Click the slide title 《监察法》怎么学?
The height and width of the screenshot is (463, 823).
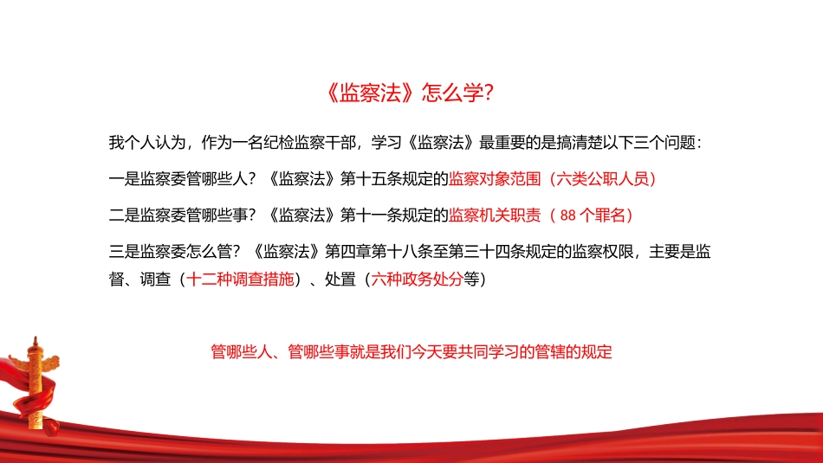[x=411, y=93]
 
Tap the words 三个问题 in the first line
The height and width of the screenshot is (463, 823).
[x=667, y=143]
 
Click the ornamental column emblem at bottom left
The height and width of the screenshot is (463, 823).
[x=35, y=381]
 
